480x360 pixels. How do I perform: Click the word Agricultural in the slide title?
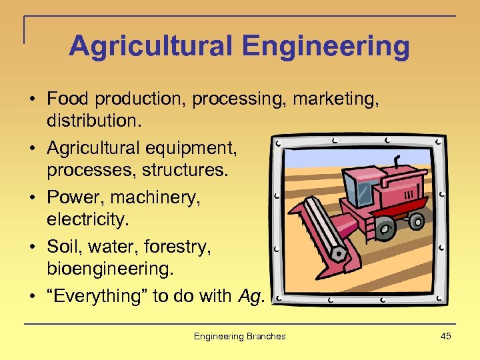[151, 47]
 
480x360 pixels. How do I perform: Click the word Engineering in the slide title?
[326, 47]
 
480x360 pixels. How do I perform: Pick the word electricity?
[85, 219]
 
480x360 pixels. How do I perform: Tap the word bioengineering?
[109, 269]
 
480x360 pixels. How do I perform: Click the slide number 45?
[445, 336]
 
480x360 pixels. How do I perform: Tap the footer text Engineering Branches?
[239, 336]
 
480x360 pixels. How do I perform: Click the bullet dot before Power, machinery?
[32, 198]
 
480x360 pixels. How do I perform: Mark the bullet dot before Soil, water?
[32, 247]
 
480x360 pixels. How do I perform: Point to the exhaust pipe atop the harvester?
[398, 163]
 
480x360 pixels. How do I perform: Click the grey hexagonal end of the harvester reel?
[339, 254]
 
